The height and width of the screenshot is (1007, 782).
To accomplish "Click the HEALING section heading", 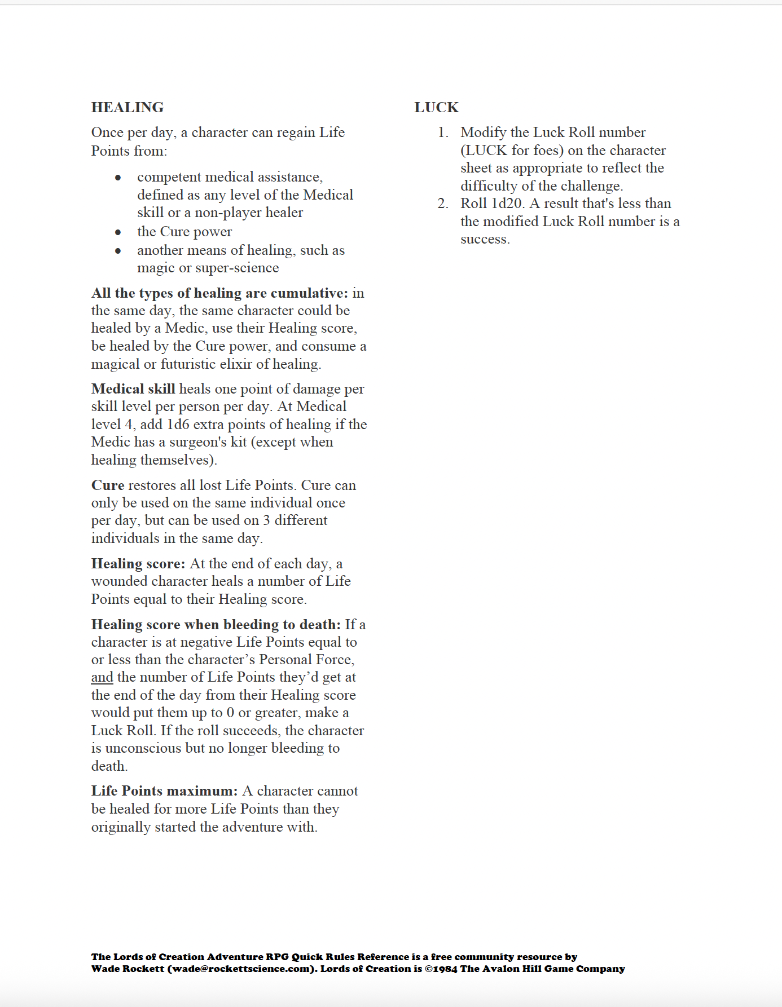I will click(128, 107).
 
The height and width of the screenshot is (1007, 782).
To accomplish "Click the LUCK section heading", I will click(436, 107).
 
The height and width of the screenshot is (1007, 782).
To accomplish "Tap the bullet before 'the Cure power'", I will click(118, 232).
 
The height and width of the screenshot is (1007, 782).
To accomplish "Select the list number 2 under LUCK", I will click(443, 204).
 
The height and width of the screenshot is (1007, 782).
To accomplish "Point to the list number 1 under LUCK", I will click(443, 132).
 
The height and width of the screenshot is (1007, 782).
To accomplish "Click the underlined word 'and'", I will click(102, 677).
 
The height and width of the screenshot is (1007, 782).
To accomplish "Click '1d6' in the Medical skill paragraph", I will click(178, 425).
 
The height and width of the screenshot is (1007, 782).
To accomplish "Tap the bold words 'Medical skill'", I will click(133, 389).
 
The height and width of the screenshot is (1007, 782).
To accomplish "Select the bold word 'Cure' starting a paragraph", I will click(108, 485).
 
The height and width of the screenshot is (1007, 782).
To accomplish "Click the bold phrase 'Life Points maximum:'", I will click(165, 791).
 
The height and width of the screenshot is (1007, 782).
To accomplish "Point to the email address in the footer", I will click(241, 969).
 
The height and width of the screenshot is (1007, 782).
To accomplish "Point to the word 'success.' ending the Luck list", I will click(485, 239).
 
